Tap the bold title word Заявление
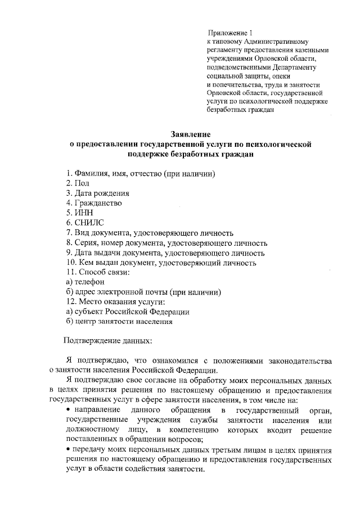pos(190,134)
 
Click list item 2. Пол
pos(78,183)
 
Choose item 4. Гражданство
pos(93,203)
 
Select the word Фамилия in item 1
pos(91,173)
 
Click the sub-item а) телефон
pos(85,282)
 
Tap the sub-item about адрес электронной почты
pos(143,292)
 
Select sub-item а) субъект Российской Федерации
pos(127,312)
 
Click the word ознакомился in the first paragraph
pos(189,360)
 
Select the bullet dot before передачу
pos(67,450)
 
